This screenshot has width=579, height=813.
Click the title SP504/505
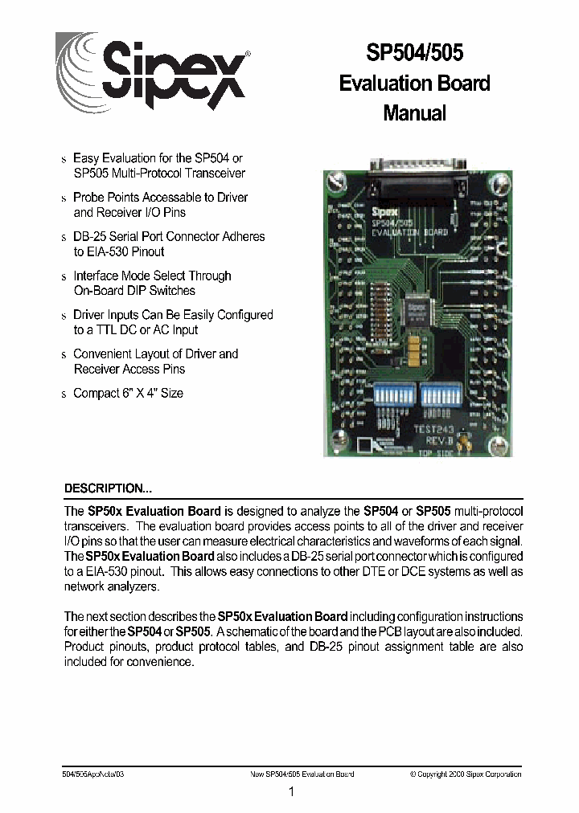coord(414,53)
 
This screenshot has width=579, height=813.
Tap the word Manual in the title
coord(414,113)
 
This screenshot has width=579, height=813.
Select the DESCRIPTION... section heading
coord(108,488)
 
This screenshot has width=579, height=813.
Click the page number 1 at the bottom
coord(291,792)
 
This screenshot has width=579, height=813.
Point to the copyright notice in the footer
coord(465,774)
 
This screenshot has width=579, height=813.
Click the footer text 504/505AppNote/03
coord(93,774)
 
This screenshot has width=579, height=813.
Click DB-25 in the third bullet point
coord(91,236)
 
